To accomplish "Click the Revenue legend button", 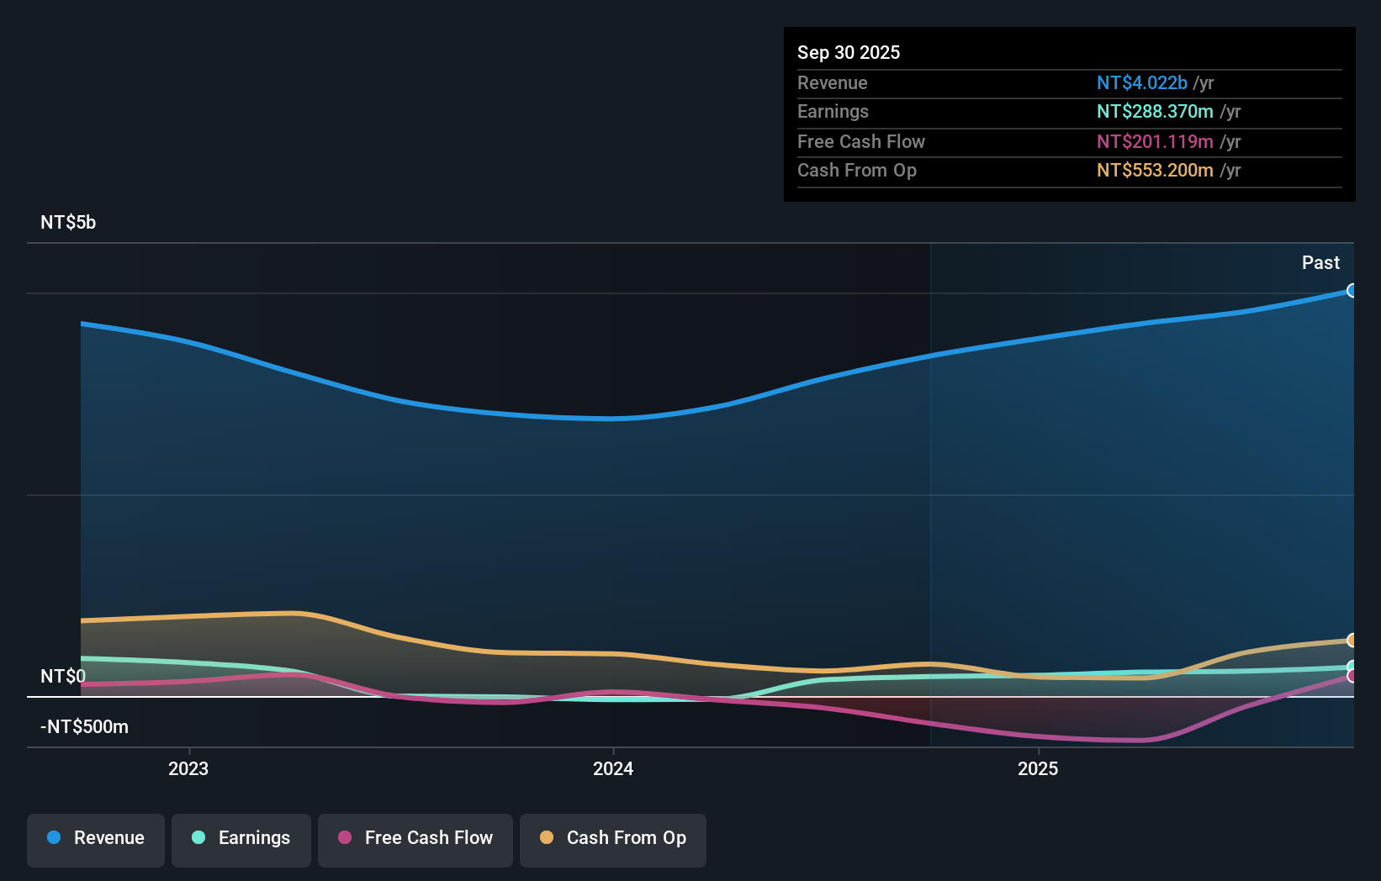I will click(x=96, y=839).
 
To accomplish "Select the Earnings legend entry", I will click(x=241, y=839).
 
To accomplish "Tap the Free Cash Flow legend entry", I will click(x=415, y=839).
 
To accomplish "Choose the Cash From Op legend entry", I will click(x=613, y=839).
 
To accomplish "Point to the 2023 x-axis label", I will click(x=188, y=769).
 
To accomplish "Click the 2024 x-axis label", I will click(x=613, y=769).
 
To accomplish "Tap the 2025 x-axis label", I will click(x=1038, y=769).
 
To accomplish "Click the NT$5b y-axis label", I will click(x=68, y=223).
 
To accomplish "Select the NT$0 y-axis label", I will click(x=63, y=677).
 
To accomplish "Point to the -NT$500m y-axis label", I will click(x=84, y=727).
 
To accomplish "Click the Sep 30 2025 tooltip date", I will click(x=849, y=53).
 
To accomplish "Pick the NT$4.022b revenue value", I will click(x=1141, y=83).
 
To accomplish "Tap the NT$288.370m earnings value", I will click(x=1155, y=112).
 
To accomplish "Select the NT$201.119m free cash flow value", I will click(x=1155, y=142).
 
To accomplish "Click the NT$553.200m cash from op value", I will click(x=1155, y=171).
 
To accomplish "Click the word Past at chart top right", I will click(x=1320, y=263).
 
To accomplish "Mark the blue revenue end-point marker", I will click(x=1352, y=291).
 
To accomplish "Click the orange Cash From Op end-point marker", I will click(x=1352, y=641).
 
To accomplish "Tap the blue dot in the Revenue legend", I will click(x=54, y=838).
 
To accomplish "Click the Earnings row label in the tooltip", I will click(x=833, y=112).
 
